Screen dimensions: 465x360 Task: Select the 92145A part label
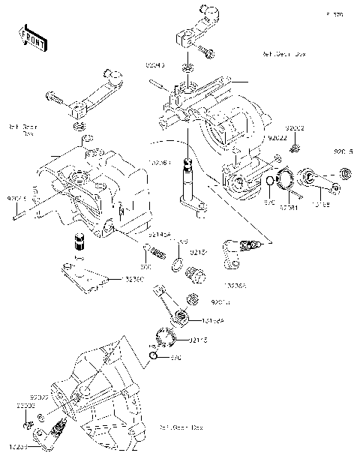tap(160, 235)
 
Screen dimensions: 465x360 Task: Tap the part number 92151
tap(198, 253)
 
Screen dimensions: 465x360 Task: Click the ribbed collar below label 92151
tap(194, 274)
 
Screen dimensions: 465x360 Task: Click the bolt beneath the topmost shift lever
tap(207, 52)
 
